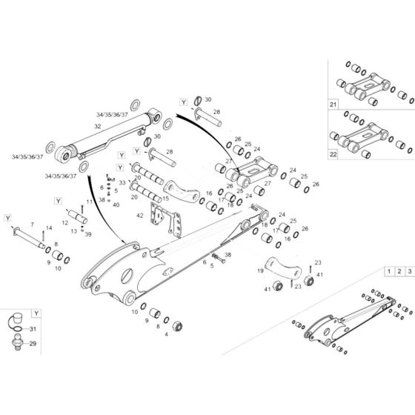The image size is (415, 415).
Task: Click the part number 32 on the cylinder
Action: click(97, 127)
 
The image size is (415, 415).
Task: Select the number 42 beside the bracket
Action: click(139, 215)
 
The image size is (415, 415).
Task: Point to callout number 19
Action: click(260, 271)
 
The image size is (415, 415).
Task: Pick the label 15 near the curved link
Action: click(165, 198)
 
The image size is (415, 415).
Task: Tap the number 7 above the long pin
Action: click(32, 224)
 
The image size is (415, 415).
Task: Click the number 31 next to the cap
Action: click(33, 329)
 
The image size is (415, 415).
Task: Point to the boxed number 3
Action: click(408, 272)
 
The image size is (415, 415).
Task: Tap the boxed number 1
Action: click(388, 272)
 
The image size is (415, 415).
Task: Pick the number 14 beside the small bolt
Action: click(49, 228)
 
